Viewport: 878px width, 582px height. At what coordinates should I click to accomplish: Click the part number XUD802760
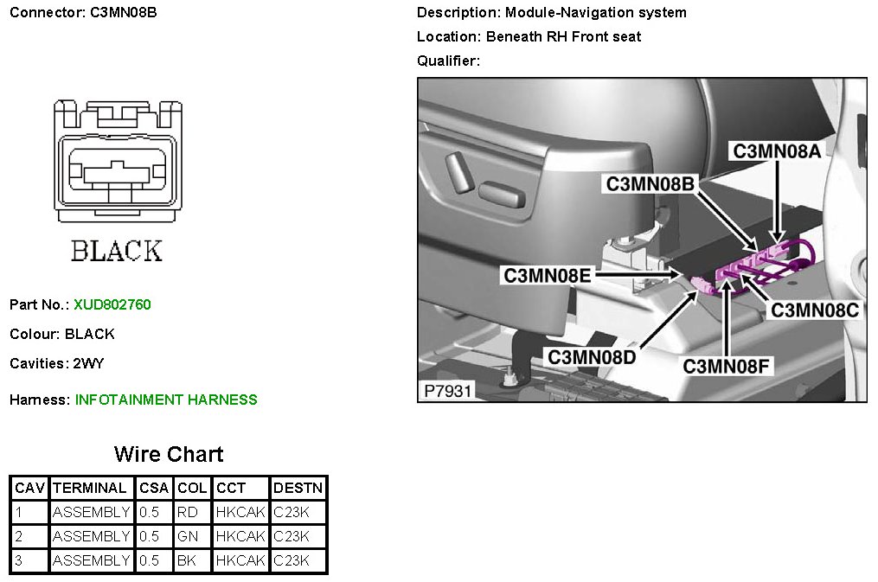[112, 304]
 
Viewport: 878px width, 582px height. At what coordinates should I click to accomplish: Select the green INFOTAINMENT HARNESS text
[166, 400]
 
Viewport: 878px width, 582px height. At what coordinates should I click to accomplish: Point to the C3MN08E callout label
[548, 276]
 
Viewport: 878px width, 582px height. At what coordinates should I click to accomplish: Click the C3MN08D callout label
[592, 356]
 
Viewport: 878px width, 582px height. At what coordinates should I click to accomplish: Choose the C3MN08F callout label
[727, 366]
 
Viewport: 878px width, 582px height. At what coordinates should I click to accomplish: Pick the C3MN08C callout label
[815, 310]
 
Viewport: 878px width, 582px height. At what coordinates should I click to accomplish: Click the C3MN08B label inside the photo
[650, 184]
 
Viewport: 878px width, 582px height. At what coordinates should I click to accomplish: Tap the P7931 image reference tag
[447, 391]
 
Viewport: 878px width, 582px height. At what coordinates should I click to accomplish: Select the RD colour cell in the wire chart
[188, 512]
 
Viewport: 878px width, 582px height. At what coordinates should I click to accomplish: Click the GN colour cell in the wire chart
[188, 536]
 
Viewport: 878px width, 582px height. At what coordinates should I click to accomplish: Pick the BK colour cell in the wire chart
[187, 560]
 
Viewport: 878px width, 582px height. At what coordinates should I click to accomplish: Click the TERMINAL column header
[91, 488]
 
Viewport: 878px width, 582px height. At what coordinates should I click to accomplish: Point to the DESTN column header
[298, 488]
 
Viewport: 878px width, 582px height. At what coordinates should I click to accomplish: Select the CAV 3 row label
[19, 560]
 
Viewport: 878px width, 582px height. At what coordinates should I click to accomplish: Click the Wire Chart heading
[169, 455]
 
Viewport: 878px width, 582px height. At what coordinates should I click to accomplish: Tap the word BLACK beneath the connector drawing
[117, 252]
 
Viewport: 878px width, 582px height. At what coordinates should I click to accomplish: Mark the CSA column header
[154, 488]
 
